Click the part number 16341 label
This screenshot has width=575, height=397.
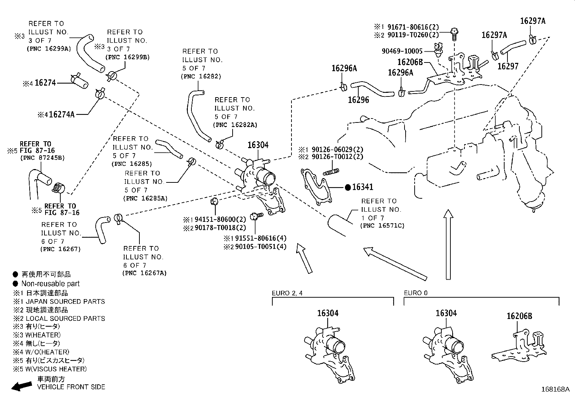tap(363, 187)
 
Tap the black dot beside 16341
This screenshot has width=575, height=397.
tap(348, 187)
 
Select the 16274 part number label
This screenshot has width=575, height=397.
tap(45, 83)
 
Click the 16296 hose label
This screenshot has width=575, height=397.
tap(358, 100)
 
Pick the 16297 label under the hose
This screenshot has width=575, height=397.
tap(507, 66)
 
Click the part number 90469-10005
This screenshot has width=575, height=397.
tap(402, 51)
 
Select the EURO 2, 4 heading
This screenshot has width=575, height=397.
tap(287, 293)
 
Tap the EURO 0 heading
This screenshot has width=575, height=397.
tap(415, 293)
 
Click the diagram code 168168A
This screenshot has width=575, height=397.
tap(555, 389)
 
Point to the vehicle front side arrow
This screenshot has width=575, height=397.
tap(22, 386)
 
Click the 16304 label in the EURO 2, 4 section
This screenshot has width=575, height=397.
tap(328, 313)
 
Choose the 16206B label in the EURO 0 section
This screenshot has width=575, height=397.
tap(519, 316)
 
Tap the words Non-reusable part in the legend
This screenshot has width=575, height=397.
tap(50, 284)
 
